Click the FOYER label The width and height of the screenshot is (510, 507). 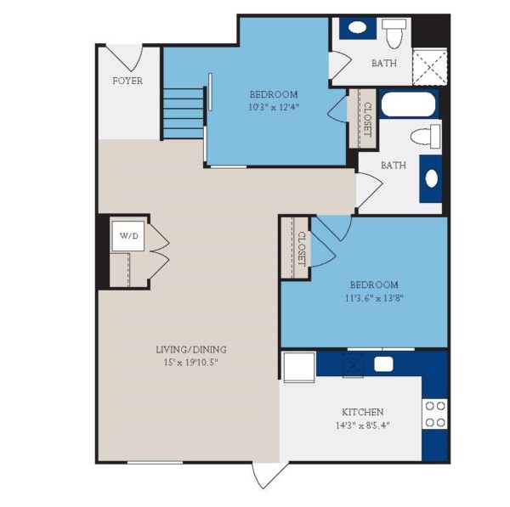127,82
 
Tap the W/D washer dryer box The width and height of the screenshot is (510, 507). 128,235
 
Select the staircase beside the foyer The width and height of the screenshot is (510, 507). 184,110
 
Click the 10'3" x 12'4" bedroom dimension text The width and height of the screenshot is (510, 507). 273,108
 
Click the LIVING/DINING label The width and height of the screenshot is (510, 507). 190,349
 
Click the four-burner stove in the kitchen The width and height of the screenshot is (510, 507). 435,414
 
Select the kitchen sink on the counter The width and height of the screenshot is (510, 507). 383,364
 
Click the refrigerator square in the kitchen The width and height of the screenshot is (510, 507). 299,369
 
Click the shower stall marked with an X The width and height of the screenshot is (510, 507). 430,66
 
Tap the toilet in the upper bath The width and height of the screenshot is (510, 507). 394,34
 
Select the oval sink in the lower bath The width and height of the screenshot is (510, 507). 432,179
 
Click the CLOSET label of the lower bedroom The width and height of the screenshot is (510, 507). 301,248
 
